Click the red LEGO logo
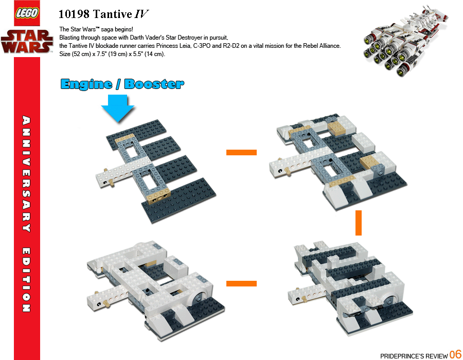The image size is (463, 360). coord(27,14)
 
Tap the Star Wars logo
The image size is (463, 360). coord(27,41)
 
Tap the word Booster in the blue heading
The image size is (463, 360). coord(154,84)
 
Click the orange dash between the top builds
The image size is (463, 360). coord(241,152)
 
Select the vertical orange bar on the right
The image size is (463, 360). coord(359,223)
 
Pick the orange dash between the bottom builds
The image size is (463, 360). coord(241,283)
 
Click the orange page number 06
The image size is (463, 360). coord(455,354)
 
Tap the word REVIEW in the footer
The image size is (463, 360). coord(435,356)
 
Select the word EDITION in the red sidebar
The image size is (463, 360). coord(25,280)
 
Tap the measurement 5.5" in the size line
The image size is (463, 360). coord(132,54)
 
